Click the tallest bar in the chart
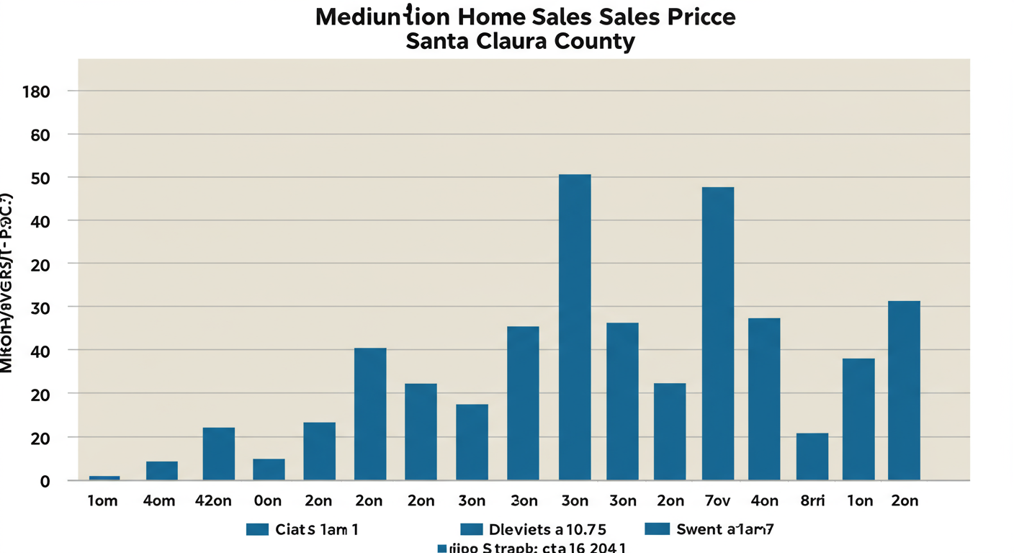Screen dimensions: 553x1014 pos(575,327)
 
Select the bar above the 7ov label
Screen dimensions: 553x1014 pos(718,333)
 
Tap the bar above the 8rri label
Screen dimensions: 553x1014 pos(812,457)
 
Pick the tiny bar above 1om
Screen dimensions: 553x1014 pos(104,478)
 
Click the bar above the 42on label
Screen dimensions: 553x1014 pos(218,454)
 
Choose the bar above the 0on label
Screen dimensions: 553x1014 pos(269,469)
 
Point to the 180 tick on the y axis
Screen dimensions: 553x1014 pos(35,91)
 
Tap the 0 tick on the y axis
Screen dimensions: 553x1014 pos(45,481)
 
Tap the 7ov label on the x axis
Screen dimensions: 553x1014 pos(717,501)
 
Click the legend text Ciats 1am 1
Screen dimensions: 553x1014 pos(317,530)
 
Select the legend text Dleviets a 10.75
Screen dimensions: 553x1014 pos(549,530)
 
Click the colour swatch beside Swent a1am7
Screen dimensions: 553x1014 pos(658,530)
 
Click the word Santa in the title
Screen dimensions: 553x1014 pos(437,41)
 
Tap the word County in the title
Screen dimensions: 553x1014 pos(597,41)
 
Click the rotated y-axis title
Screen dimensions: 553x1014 pos(7,283)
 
